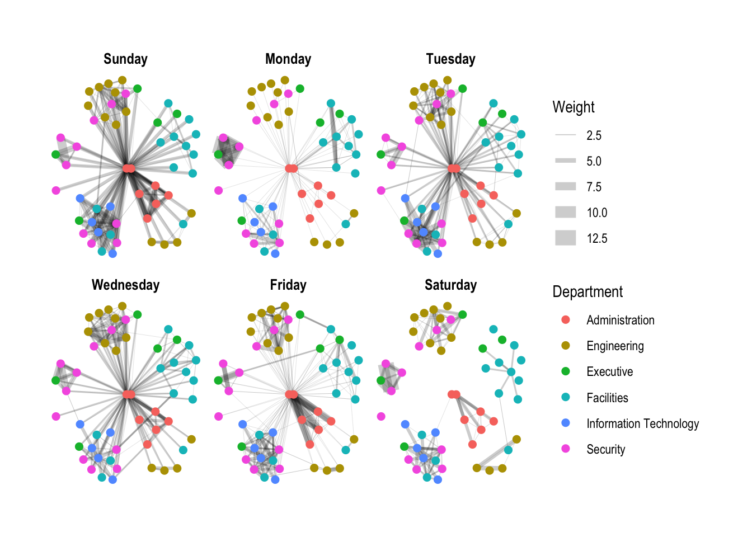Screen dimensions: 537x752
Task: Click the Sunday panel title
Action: click(125, 59)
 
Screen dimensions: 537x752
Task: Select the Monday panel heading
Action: click(288, 59)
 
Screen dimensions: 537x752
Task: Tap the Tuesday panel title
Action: click(450, 59)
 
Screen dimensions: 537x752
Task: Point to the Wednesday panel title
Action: click(125, 285)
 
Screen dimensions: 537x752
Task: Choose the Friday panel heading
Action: click(288, 285)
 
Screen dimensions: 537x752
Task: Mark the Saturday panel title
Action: click(450, 285)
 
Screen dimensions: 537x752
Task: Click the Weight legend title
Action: click(574, 107)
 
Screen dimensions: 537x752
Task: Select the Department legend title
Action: click(587, 292)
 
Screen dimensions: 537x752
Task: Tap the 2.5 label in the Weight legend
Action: click(594, 135)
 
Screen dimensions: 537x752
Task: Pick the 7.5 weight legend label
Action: click(594, 187)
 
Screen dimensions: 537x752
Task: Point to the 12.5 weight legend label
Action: click(597, 238)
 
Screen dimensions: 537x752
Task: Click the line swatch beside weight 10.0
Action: click(566, 213)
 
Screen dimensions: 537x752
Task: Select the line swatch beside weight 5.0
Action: click(566, 161)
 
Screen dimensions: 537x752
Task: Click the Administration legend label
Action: click(620, 320)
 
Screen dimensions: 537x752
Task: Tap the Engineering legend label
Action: click(615, 346)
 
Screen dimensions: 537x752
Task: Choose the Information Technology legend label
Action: click(642, 423)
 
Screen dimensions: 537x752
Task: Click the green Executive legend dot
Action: click(566, 371)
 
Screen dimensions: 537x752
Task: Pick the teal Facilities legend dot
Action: click(566, 397)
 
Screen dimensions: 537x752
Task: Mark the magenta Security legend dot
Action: click(566, 449)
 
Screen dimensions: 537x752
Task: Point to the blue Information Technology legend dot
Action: click(566, 423)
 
